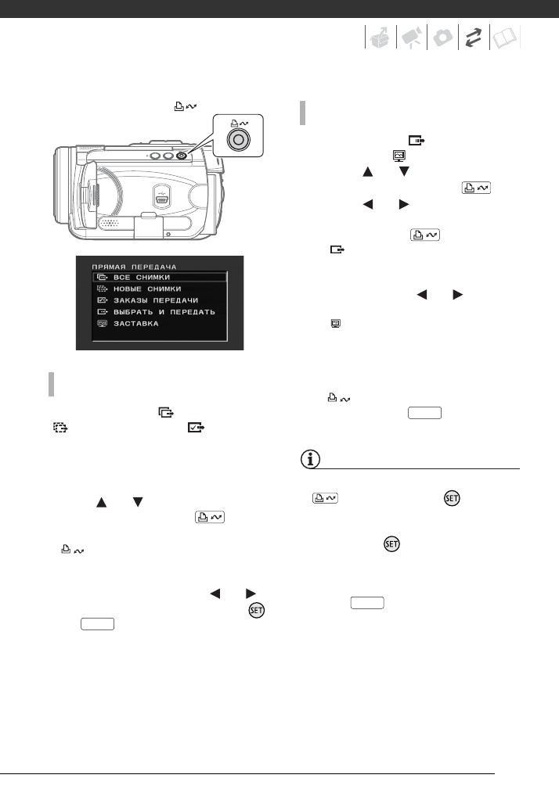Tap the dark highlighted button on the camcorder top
pos(181,155)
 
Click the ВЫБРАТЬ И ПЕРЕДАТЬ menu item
pos(163,311)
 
